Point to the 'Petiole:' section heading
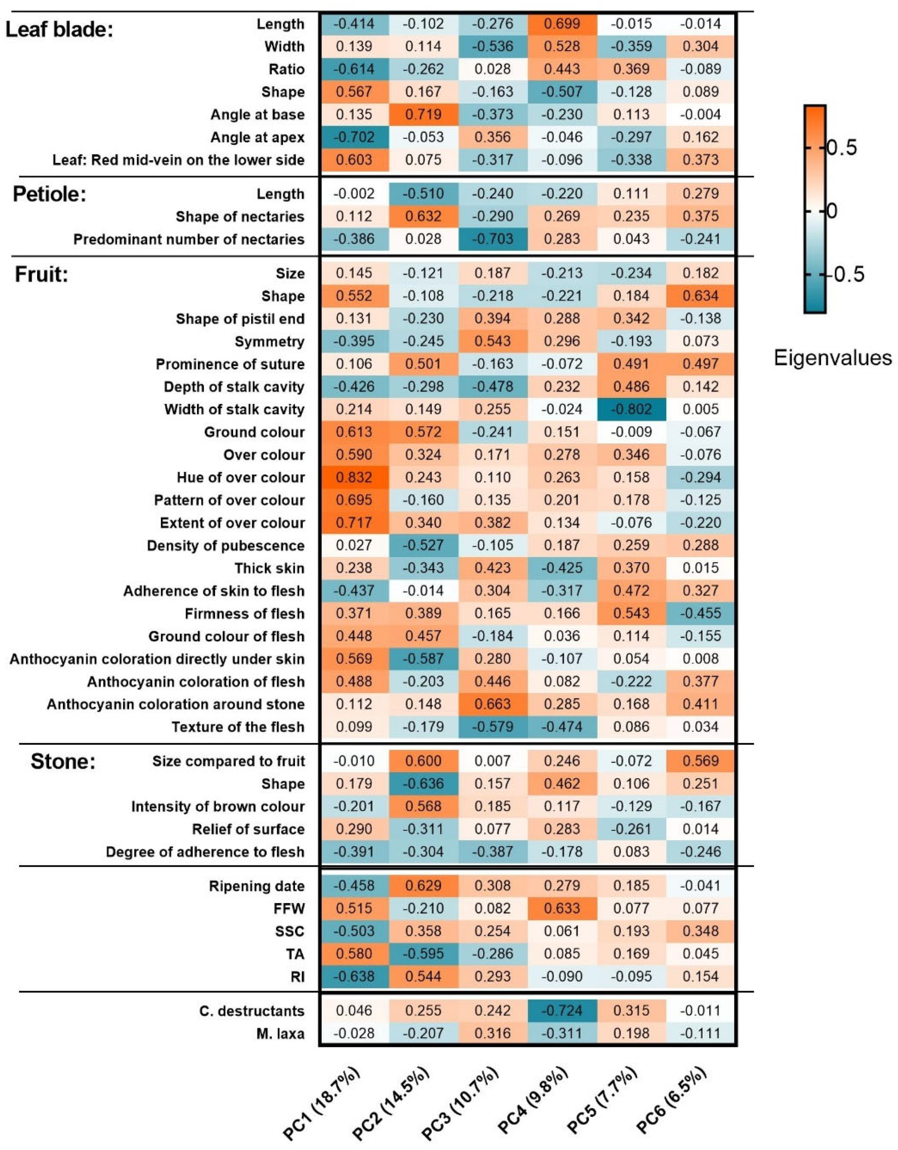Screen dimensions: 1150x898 pos(49,194)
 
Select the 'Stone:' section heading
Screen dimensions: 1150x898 pos(63,761)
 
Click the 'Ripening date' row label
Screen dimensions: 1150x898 pos(256,886)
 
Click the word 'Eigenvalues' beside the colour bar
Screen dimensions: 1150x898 pos(833,358)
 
